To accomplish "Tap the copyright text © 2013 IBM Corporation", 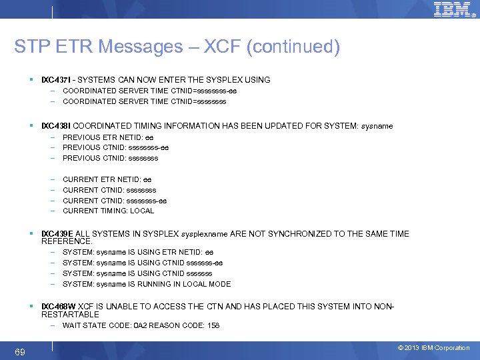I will click(433, 348).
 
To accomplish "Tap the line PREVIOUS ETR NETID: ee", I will click(107, 137).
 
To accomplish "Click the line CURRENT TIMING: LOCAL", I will click(108, 211).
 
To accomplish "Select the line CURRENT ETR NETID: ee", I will click(107, 179).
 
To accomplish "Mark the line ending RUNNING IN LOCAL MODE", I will click(146, 284).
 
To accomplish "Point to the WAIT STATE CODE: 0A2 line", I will click(141, 325).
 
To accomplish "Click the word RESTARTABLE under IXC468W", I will click(70, 314).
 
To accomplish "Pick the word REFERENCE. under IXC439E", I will click(66, 241).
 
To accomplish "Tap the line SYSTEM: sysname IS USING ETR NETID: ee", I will click(137, 252).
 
